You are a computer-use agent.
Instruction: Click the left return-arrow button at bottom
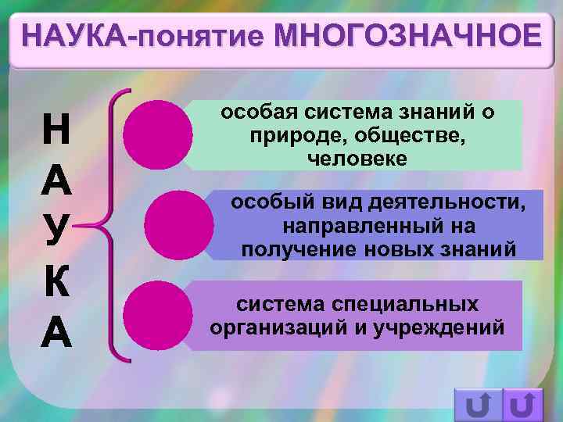pos(477,405)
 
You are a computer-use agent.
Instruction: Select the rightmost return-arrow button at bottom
pos(522,405)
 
